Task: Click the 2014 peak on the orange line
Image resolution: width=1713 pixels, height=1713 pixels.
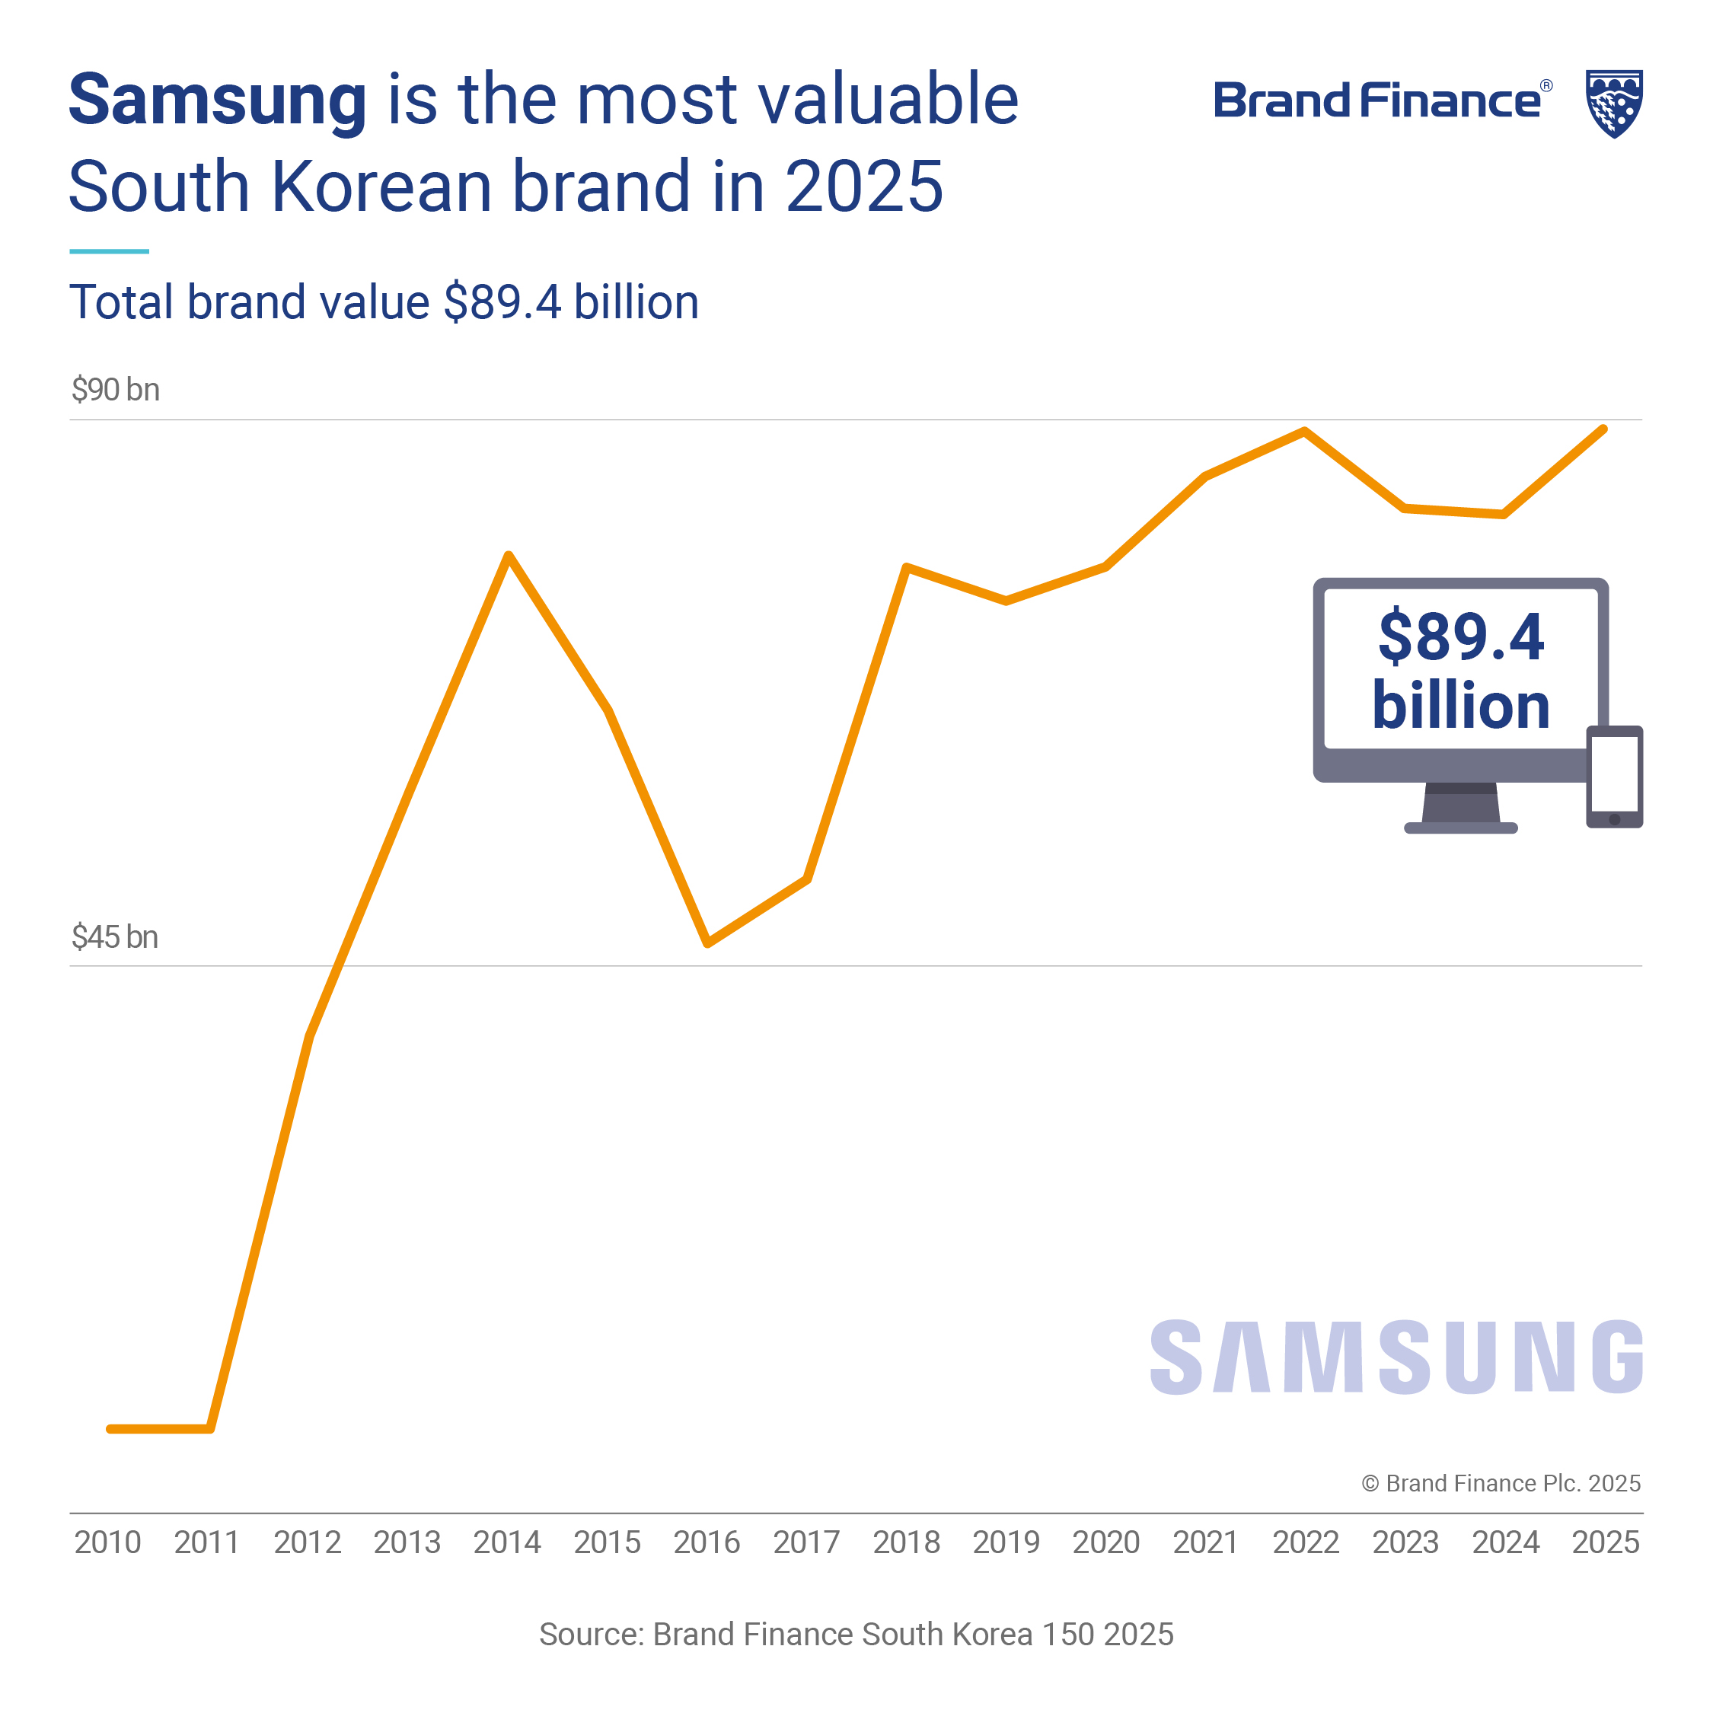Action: coord(508,557)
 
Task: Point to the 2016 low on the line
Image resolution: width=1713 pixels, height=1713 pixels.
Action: coord(707,943)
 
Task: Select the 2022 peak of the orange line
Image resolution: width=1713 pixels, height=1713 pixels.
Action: coord(1304,432)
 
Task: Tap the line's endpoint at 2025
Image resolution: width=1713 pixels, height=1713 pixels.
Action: coord(1603,430)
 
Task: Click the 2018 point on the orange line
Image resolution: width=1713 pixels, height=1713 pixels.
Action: coord(906,567)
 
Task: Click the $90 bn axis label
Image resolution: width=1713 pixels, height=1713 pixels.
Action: coord(115,390)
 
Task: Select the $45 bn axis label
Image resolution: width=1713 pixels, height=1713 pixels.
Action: coord(114,937)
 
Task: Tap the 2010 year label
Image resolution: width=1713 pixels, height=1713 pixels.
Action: coord(107,1542)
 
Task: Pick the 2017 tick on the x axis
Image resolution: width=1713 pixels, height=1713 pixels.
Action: coord(806,1542)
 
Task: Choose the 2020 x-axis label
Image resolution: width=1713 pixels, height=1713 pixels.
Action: coord(1105,1542)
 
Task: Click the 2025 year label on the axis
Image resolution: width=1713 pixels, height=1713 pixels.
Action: coord(1605,1542)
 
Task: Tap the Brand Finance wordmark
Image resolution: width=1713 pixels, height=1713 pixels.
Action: coord(1377,100)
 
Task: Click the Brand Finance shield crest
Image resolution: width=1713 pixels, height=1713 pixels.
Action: coord(1614,103)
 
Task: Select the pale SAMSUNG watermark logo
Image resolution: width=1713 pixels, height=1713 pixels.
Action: coord(1396,1357)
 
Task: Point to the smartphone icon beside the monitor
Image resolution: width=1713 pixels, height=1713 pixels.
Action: coord(1614,777)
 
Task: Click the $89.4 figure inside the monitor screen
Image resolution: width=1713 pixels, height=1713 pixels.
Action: coord(1460,636)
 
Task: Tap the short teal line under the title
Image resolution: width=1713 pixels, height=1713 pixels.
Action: coord(109,251)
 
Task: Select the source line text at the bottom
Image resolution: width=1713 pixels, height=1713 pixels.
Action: coord(856,1634)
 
